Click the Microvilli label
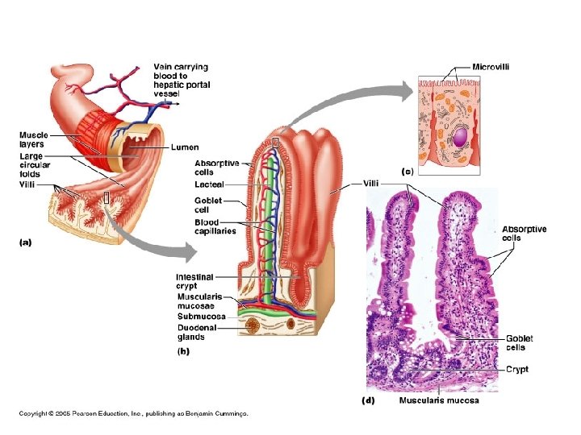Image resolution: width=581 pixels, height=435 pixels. tap(491, 67)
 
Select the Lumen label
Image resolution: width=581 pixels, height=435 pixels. tap(184, 148)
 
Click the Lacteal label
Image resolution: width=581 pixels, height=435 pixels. tap(208, 184)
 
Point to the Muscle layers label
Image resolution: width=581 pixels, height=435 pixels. tap(34, 139)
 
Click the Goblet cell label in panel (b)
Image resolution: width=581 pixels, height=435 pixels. tap(208, 205)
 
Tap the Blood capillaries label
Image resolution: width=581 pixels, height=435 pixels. tap(215, 226)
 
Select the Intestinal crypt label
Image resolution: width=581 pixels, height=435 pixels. tap(194, 281)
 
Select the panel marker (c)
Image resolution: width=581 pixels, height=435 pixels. tap(408, 172)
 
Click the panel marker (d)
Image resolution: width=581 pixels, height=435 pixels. tap(366, 400)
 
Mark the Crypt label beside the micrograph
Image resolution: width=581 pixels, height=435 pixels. tap(517, 369)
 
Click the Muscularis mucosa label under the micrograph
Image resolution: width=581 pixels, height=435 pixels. tap(439, 400)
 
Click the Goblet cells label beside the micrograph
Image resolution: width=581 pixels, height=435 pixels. tap(520, 343)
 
